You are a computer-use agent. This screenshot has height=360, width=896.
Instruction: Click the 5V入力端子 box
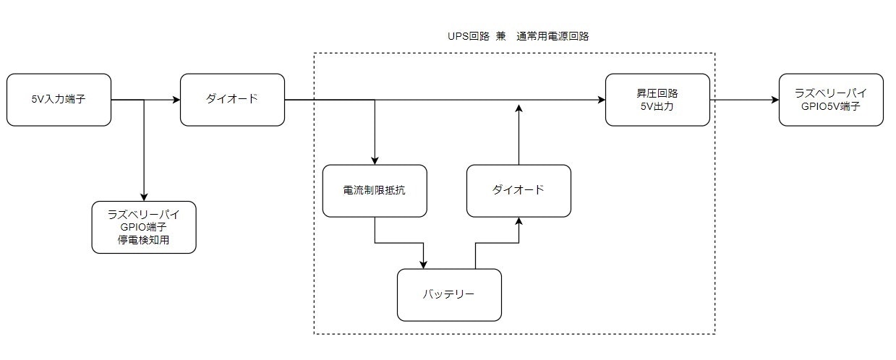click(x=59, y=99)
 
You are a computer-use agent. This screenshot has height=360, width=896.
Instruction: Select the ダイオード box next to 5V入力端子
click(x=232, y=99)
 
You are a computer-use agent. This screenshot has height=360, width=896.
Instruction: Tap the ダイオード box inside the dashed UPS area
click(x=519, y=191)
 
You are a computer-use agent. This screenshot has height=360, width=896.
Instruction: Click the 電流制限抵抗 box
click(x=375, y=191)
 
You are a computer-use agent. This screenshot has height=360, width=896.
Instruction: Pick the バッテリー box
click(x=449, y=295)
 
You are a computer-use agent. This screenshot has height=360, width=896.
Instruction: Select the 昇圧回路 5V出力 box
click(x=657, y=99)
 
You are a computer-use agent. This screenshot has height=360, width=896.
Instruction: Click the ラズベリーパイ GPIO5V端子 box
click(x=831, y=99)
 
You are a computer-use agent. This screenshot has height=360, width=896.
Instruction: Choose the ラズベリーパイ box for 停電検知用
click(x=144, y=227)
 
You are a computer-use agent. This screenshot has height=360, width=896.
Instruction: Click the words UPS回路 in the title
click(x=469, y=36)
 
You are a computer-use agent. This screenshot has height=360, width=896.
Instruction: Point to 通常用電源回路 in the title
click(x=553, y=36)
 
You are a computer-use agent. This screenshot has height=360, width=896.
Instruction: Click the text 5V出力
click(x=657, y=106)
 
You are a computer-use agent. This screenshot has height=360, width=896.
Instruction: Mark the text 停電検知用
click(x=144, y=240)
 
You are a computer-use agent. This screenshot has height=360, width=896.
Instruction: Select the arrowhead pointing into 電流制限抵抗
click(x=375, y=160)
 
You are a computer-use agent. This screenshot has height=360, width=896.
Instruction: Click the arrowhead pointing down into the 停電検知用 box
click(x=144, y=197)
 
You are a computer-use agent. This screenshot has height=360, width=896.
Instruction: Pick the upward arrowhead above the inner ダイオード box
click(x=519, y=108)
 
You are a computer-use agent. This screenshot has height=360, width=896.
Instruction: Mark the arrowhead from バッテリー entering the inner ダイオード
click(x=519, y=221)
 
